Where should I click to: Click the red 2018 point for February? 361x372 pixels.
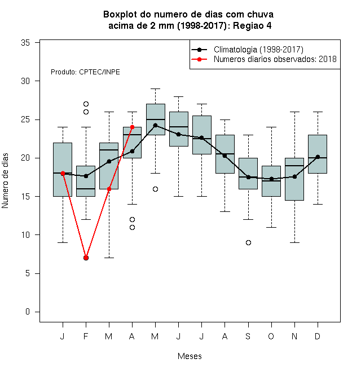tap(86, 258)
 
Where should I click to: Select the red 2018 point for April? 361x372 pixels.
tap(133, 127)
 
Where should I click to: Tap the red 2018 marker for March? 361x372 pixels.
tap(109, 189)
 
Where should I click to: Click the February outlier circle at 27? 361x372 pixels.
tap(86, 104)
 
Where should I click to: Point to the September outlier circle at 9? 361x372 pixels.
tap(248, 242)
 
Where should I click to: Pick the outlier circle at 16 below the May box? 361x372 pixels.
tap(155, 189)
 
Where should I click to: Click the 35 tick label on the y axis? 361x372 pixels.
tap(25, 43)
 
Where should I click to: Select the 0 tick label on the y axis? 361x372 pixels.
tap(28, 312)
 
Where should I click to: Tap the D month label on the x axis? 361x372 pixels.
tap(318, 336)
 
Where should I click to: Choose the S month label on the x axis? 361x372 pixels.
tap(248, 336)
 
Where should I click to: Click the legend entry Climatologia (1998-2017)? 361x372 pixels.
tap(258, 50)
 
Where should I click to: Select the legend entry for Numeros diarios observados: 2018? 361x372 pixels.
tap(275, 59)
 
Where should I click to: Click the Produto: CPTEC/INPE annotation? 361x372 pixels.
tap(85, 72)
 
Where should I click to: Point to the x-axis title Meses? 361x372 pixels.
tap(190, 356)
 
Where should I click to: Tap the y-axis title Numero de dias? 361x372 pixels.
tap(5, 181)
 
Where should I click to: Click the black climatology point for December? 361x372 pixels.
tap(318, 157)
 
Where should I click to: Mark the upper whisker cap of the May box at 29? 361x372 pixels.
tap(155, 88)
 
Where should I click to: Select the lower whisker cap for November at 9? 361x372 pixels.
tap(294, 242)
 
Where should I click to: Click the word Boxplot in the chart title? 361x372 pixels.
tap(120, 15)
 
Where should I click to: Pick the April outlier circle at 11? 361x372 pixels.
tap(133, 227)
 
